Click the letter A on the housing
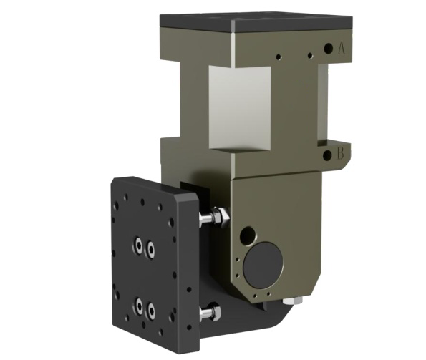point(342,49)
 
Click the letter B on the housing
point(340,154)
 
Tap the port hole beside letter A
point(328,49)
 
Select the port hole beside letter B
point(327,155)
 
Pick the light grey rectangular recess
point(240,109)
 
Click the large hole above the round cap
point(248,235)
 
